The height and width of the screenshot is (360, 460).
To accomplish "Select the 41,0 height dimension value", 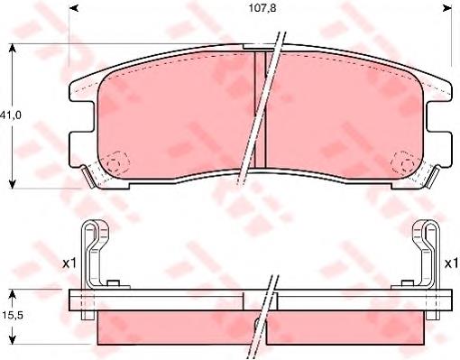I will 11,115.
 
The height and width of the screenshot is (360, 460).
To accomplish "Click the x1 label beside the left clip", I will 68,263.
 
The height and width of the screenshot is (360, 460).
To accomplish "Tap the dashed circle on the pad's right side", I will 402,165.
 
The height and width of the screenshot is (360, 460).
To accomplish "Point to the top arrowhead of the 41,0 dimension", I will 11,47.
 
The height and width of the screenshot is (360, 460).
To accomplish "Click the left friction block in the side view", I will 171,328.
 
